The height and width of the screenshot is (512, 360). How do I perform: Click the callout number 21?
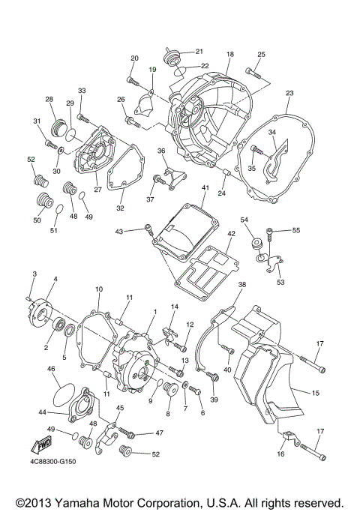coord(199,51)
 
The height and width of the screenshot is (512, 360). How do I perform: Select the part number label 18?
coord(230,54)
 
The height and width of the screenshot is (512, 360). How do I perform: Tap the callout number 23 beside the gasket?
coord(289,94)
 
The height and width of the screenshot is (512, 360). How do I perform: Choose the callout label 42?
coord(232,234)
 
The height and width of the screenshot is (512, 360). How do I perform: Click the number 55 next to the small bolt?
coord(295,230)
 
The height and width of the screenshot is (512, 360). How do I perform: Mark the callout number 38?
coord(242,286)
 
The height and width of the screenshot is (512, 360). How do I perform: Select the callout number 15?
coord(316,392)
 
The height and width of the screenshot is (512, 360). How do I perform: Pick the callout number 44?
coord(43,412)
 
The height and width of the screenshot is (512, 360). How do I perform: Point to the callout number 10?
coord(98,289)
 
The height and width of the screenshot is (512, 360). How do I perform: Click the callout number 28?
coord(49,100)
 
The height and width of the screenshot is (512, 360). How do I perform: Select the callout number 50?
coord(37,220)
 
